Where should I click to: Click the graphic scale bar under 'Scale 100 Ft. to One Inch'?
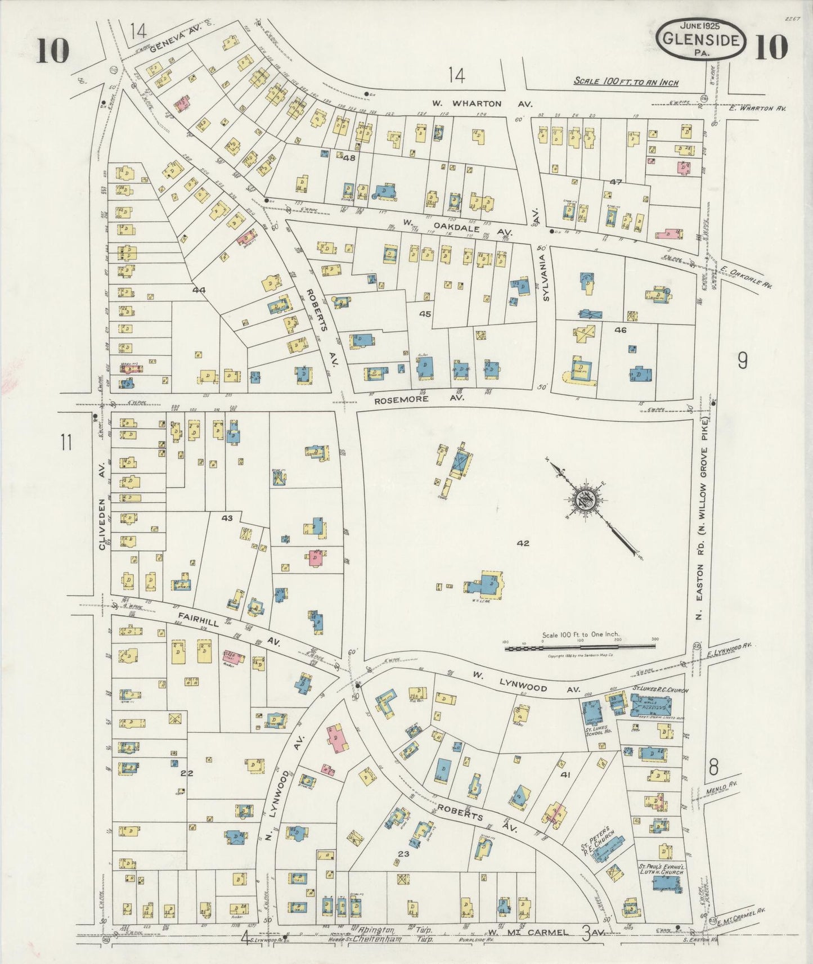pyautogui.click(x=580, y=647)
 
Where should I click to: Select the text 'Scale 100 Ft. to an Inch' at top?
pyautogui.click(x=626, y=82)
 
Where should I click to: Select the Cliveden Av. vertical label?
pyautogui.click(x=102, y=506)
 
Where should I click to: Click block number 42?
pyautogui.click(x=523, y=543)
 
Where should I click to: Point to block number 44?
pyautogui.click(x=199, y=290)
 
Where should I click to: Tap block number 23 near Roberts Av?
pyautogui.click(x=403, y=853)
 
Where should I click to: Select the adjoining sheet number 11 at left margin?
pyautogui.click(x=66, y=443)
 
